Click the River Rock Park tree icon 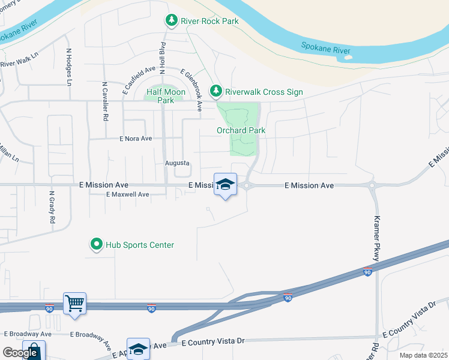pos(172,21)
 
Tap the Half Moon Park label pos(166,96)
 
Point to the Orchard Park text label pos(241,130)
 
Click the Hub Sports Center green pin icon pos(96,245)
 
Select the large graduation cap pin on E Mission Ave pos(225,185)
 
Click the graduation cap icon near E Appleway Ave pos(138,349)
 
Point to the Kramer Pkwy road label pos(377,238)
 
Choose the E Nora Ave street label pos(135,139)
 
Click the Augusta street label pos(177,163)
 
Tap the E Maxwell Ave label pos(127,194)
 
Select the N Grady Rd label pos(52,206)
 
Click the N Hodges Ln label pos(69,67)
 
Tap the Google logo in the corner pos(20,353)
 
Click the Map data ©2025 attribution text pos(423,355)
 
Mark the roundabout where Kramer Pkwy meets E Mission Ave pos(372,185)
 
